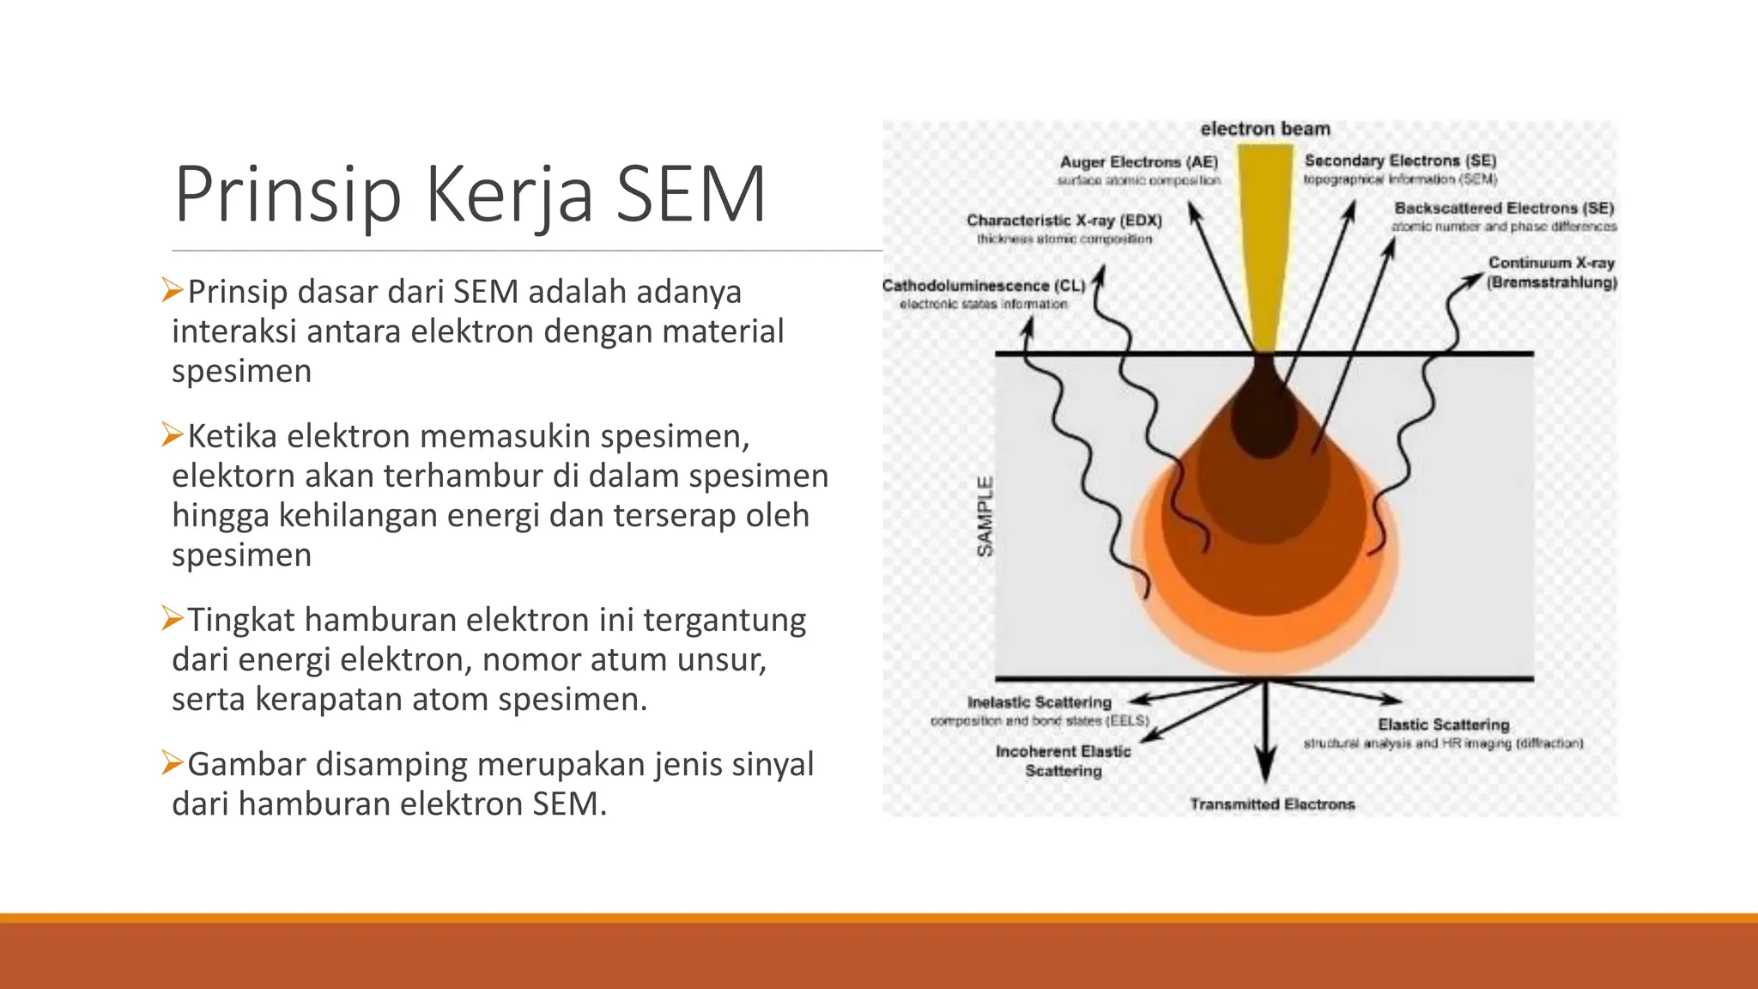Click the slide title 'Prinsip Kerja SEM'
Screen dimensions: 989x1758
tap(470, 195)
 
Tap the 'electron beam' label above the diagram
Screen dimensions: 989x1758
tap(1264, 129)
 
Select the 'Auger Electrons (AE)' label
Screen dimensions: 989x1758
tap(1138, 162)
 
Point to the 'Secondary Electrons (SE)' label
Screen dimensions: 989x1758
tap(1400, 161)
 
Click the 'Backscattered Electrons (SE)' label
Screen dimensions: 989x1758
tap(1504, 208)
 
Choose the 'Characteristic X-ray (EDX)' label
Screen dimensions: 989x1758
tap(1064, 221)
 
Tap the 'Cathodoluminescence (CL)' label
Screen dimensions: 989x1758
tap(984, 286)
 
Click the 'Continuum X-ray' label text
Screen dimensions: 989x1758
tap(1551, 263)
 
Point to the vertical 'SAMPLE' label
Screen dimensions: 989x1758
tap(985, 516)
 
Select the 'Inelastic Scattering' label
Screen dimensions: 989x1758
tap(1039, 702)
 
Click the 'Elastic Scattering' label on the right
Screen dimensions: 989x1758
tap(1443, 725)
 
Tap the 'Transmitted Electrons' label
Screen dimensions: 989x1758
tap(1272, 804)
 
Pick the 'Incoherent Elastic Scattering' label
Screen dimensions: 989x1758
tap(1063, 761)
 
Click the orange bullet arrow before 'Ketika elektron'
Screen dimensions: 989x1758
tap(172, 435)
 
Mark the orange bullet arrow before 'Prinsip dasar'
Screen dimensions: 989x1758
tap(172, 291)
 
